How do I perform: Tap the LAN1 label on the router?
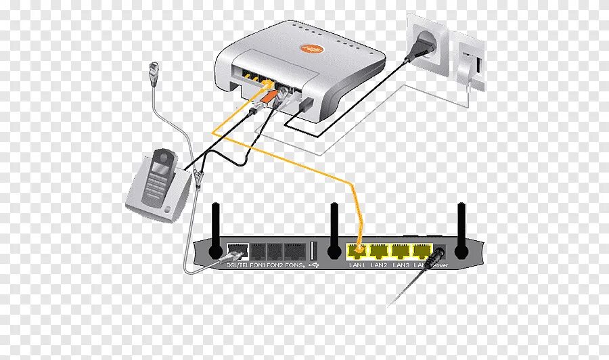pos(357,265)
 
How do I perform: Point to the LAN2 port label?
pos(380,265)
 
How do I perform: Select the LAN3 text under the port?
pos(402,265)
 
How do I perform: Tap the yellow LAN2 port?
pos(380,252)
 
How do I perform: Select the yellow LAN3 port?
pos(403,252)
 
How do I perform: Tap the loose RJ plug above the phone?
pos(152,69)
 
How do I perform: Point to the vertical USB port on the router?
pos(313,248)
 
